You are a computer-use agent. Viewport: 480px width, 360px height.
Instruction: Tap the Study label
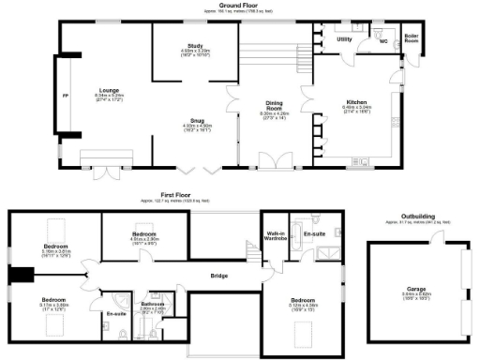195,44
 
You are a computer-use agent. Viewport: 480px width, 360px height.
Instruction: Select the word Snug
195,121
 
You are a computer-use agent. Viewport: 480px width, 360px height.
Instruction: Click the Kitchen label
355,101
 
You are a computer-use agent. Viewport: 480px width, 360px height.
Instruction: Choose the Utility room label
344,39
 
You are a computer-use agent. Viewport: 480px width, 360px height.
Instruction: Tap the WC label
382,42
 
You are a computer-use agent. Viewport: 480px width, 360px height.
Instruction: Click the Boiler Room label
412,40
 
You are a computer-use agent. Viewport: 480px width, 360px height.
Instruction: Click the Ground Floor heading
239,5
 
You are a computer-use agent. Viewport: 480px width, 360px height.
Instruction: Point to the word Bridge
218,275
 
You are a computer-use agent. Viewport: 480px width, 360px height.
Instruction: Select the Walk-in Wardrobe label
276,235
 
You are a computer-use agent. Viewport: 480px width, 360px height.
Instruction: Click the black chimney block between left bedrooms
22,274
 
